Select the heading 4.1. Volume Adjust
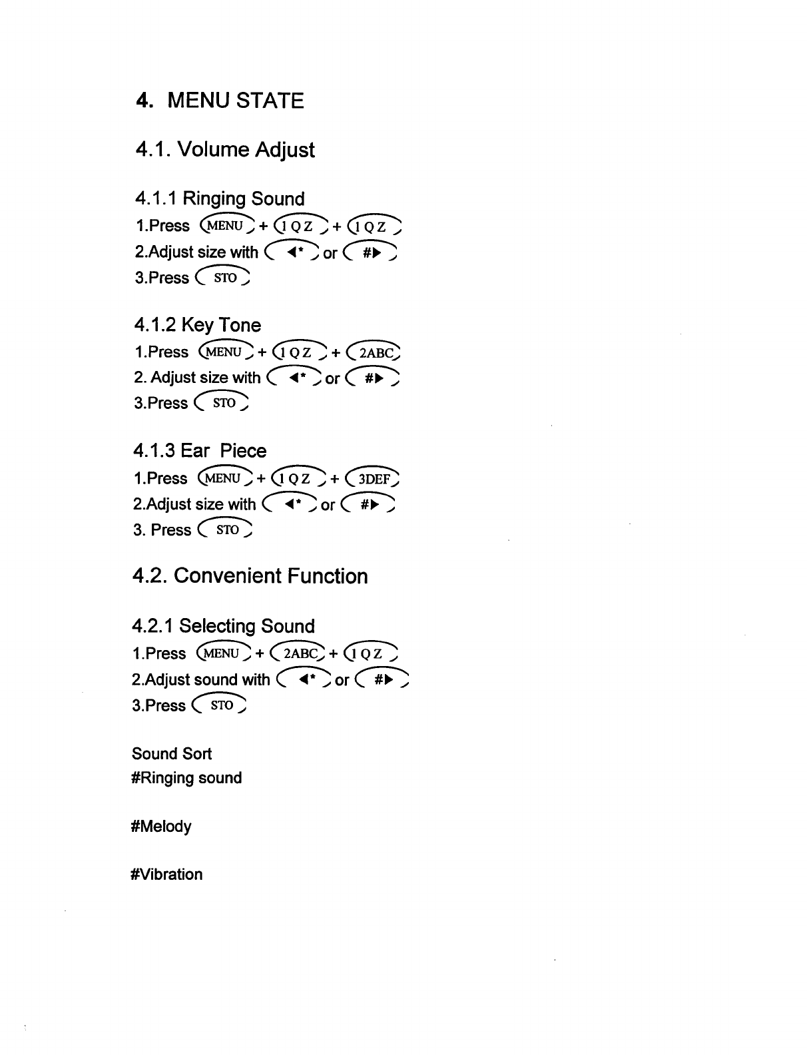[x=224, y=149]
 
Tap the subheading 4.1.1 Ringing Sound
[x=220, y=198]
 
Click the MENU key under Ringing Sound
[x=227, y=225]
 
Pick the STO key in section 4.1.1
[x=224, y=277]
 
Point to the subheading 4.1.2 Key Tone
[x=197, y=324]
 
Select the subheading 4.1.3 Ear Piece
[x=199, y=451]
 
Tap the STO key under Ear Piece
[x=226, y=530]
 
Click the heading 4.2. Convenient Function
[x=250, y=575]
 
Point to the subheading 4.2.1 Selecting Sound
[x=223, y=626]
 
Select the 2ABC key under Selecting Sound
[x=301, y=653]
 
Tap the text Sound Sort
[x=172, y=753]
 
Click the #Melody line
[x=162, y=827]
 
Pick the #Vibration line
[x=167, y=875]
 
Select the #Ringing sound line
[x=186, y=778]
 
